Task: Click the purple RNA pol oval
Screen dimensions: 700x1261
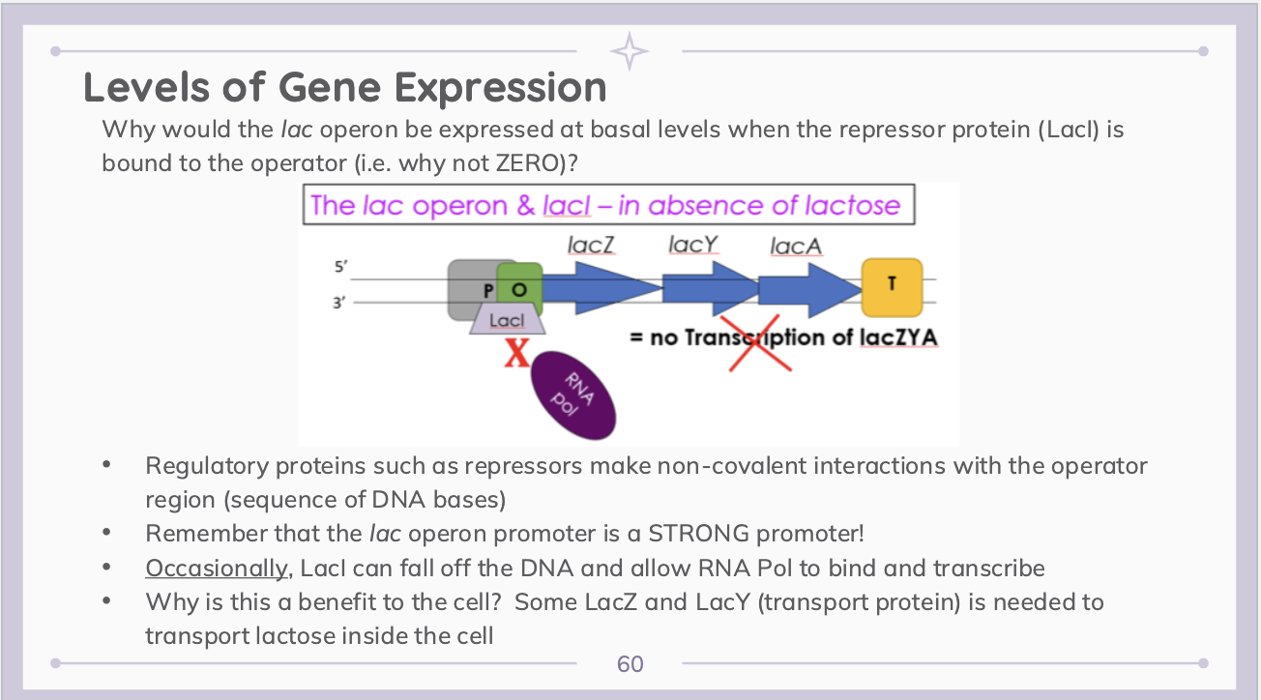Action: pyautogui.click(x=574, y=393)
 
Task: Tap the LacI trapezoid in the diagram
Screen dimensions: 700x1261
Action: pyautogui.click(x=508, y=318)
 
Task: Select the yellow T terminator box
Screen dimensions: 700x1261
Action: pyautogui.click(x=891, y=286)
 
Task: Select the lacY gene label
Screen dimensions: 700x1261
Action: pyautogui.click(x=692, y=245)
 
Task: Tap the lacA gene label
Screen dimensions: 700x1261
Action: pyautogui.click(x=796, y=247)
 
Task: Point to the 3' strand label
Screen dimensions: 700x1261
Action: pyautogui.click(x=339, y=302)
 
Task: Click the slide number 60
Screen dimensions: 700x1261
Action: pyautogui.click(x=630, y=664)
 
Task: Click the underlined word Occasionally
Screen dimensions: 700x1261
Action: pyautogui.click(x=217, y=568)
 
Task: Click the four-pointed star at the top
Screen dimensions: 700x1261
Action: pyautogui.click(x=630, y=51)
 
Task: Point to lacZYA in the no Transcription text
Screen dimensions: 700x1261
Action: pyautogui.click(x=898, y=337)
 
